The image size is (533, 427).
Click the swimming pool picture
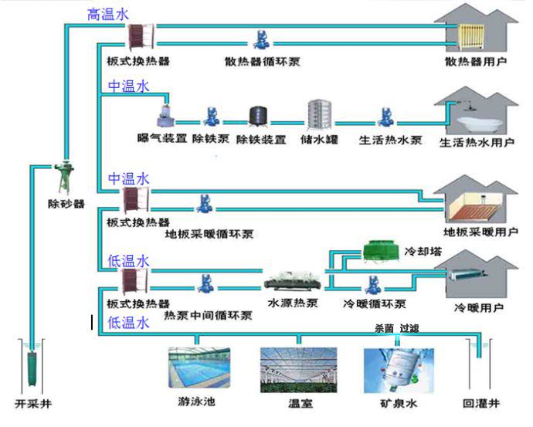point(199,370)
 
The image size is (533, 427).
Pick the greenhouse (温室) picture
point(298,370)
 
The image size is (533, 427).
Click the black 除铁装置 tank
point(259,117)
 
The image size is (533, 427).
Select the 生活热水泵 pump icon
point(385,117)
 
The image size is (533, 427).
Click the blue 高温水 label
point(108,13)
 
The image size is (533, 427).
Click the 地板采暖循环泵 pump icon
point(204,205)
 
